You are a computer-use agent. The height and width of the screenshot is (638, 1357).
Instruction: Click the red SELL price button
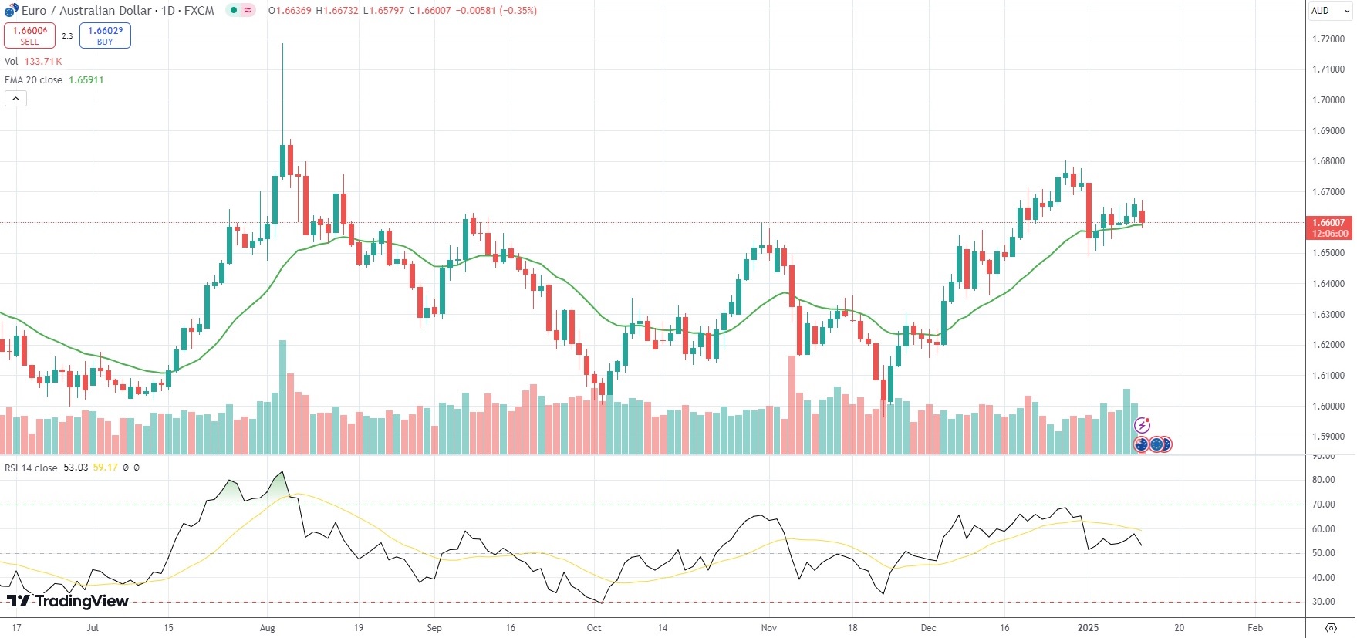(x=29, y=35)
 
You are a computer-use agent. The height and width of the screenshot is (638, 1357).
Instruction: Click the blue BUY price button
(x=105, y=35)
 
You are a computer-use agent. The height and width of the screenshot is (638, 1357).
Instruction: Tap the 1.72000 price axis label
(x=1328, y=39)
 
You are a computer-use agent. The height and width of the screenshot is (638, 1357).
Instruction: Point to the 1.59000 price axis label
(x=1328, y=437)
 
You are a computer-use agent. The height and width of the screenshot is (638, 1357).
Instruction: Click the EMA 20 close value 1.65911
(x=86, y=80)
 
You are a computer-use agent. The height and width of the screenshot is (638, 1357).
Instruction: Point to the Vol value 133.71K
(x=43, y=62)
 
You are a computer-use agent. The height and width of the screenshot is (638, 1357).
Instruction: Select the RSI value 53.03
(x=76, y=468)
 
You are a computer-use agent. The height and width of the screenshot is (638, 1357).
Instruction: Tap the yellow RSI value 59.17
(x=106, y=468)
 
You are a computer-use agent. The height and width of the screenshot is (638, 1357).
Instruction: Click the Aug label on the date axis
(x=268, y=628)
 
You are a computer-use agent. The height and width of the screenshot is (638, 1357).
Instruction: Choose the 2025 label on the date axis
(x=1088, y=628)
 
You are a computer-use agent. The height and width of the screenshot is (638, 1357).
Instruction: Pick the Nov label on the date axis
(x=769, y=628)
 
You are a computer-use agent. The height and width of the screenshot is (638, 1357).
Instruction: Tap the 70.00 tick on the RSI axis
(x=1323, y=505)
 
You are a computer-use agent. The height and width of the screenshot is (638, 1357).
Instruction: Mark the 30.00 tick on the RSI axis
(x=1323, y=602)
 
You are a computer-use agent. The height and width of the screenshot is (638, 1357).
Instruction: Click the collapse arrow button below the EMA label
(x=15, y=99)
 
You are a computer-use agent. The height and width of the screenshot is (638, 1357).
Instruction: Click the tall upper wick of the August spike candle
(x=282, y=93)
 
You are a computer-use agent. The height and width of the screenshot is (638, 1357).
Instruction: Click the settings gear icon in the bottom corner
(x=1331, y=628)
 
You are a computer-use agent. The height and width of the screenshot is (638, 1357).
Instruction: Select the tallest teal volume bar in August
(x=282, y=397)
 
